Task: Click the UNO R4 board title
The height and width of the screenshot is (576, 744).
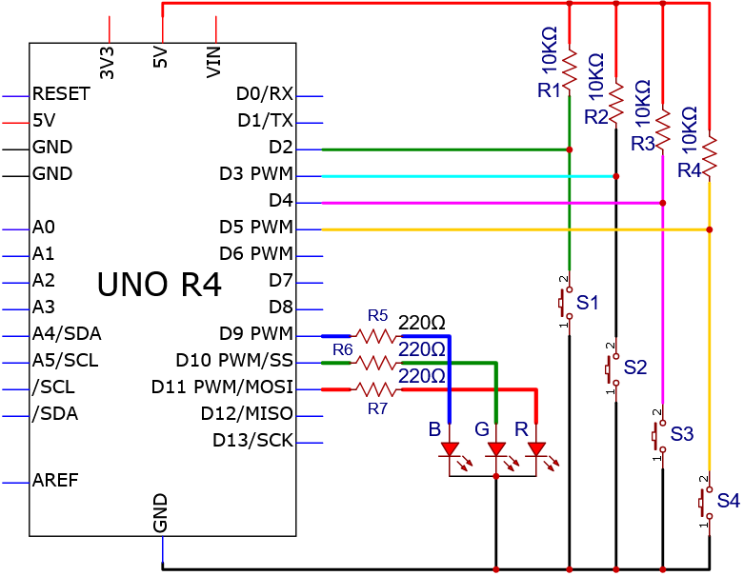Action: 159,284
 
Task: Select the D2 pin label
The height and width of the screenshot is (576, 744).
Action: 281,148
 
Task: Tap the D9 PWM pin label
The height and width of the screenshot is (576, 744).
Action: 256,334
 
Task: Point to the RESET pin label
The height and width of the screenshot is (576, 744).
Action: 61,94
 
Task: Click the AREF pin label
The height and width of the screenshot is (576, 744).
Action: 55,480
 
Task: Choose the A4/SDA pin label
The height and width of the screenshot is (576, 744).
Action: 67,334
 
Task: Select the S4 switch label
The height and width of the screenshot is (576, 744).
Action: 729,501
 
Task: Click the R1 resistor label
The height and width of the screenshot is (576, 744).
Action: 549,90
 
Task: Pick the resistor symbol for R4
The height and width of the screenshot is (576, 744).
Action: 710,155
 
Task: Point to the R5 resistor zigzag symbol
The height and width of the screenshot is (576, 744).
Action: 375,337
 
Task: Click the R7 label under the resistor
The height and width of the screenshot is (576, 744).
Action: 377,408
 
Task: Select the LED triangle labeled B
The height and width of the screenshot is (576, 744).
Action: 450,449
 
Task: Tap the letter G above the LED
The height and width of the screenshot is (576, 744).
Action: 482,429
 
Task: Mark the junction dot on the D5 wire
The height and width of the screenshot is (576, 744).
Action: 710,229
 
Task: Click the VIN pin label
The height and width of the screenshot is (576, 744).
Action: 214,62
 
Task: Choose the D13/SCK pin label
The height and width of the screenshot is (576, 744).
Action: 252,441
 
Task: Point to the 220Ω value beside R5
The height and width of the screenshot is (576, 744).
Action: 421,323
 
